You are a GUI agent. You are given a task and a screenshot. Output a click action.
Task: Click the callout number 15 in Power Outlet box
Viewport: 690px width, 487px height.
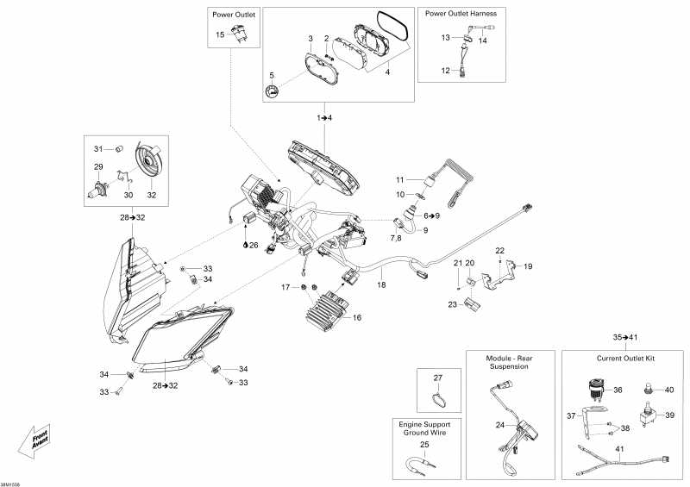(219, 34)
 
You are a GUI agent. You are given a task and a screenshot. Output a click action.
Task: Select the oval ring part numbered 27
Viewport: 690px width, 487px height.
(440, 397)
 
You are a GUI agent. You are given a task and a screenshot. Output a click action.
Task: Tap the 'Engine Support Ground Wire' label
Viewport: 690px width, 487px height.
(423, 429)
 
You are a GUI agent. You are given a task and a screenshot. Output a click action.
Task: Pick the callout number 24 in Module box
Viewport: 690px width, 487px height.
(500, 425)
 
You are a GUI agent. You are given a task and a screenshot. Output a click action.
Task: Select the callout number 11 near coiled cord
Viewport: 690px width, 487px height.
(399, 179)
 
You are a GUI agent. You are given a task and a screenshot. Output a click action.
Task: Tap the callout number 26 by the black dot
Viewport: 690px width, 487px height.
(254, 246)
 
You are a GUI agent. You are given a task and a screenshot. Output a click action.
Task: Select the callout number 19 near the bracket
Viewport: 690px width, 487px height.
(528, 266)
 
